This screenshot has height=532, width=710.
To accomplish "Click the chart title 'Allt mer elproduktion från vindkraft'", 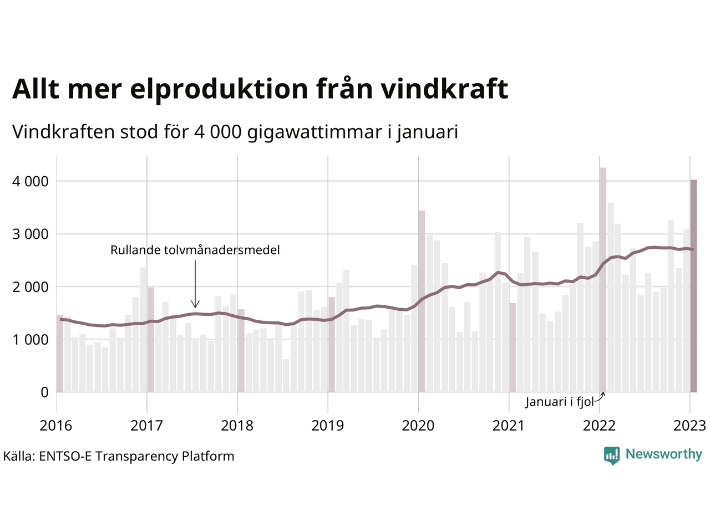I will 260,89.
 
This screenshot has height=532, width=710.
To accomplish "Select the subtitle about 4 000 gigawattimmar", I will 235,132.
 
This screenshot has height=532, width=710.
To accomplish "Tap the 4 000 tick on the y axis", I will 30,181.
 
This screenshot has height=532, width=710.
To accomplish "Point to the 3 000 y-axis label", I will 30,234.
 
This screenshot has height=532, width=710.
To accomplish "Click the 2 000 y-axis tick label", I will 30,287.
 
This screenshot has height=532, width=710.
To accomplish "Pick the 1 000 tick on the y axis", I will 30,339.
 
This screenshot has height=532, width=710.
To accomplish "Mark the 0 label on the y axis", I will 44,392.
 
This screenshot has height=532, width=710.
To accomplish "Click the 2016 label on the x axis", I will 56,426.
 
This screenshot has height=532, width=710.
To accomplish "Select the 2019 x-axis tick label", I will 327,426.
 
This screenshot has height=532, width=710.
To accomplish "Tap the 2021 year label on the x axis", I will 509,426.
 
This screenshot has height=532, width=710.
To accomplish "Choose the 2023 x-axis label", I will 689,426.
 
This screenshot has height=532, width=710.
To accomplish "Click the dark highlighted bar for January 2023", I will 693,285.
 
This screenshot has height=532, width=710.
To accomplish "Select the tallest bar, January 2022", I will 603,280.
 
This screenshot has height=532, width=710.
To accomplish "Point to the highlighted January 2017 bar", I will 150,339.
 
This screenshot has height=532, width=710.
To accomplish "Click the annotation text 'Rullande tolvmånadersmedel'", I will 195,250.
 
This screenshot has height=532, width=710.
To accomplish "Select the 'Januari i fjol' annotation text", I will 560,402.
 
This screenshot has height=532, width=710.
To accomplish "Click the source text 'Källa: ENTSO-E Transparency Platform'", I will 119,456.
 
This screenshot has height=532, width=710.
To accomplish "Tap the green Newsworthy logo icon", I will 611,455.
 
